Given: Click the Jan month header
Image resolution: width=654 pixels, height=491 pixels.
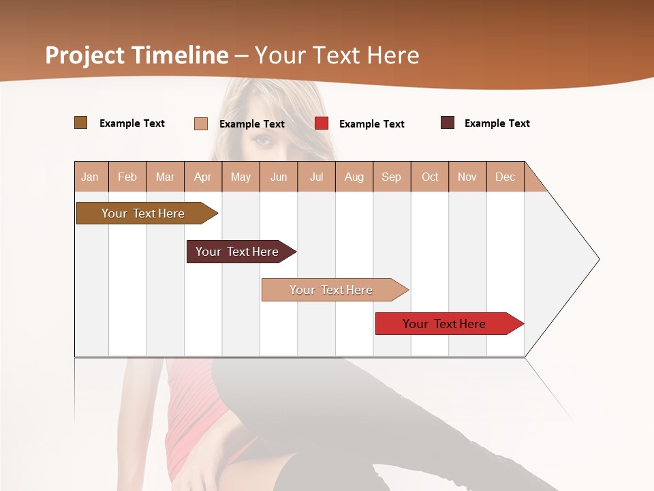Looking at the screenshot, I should tap(91, 177).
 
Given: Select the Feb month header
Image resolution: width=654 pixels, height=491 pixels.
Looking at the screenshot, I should tap(127, 177).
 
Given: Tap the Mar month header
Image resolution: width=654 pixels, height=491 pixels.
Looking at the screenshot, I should tap(165, 177).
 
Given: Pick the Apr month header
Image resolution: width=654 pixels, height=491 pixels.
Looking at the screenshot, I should tap(203, 177).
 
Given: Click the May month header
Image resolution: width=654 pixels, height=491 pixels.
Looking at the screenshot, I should tap(240, 177).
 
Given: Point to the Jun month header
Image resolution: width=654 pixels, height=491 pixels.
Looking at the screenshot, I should tap(279, 177).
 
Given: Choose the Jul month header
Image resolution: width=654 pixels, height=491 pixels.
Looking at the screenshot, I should tap(316, 177).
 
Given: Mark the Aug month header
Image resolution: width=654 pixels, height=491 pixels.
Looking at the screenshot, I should tap(354, 177).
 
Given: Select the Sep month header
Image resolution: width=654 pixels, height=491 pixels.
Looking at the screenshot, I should tap(392, 177).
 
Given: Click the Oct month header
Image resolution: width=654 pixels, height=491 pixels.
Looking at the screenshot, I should tap(430, 177).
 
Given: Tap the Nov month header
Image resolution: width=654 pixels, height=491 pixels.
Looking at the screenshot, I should tap(467, 177).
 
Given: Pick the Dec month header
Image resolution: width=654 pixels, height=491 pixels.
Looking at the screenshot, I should tap(505, 177).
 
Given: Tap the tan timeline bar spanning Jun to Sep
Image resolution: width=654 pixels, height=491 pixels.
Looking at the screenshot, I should tap(332, 290).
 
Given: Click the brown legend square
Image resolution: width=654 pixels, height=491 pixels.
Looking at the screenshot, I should tap(81, 123).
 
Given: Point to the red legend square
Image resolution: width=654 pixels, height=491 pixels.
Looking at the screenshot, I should tap(322, 123).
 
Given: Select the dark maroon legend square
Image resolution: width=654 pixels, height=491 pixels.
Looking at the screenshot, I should tap(448, 123).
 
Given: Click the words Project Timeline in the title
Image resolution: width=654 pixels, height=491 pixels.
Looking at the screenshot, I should tap(137, 55).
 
